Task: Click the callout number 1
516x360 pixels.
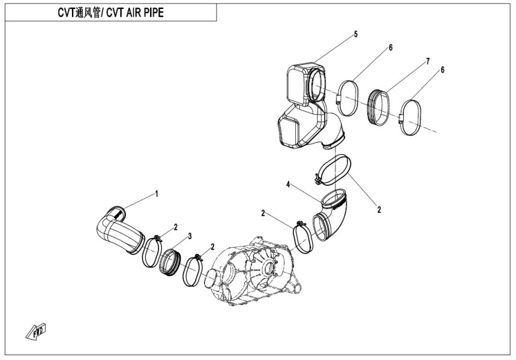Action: tap(157, 193)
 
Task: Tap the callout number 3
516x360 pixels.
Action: tap(190, 236)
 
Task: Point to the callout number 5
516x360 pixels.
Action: tap(355, 34)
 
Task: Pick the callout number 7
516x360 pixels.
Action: tap(428, 61)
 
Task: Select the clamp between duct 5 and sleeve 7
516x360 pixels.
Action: tap(347, 97)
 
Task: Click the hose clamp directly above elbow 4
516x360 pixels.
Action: tap(333, 169)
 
